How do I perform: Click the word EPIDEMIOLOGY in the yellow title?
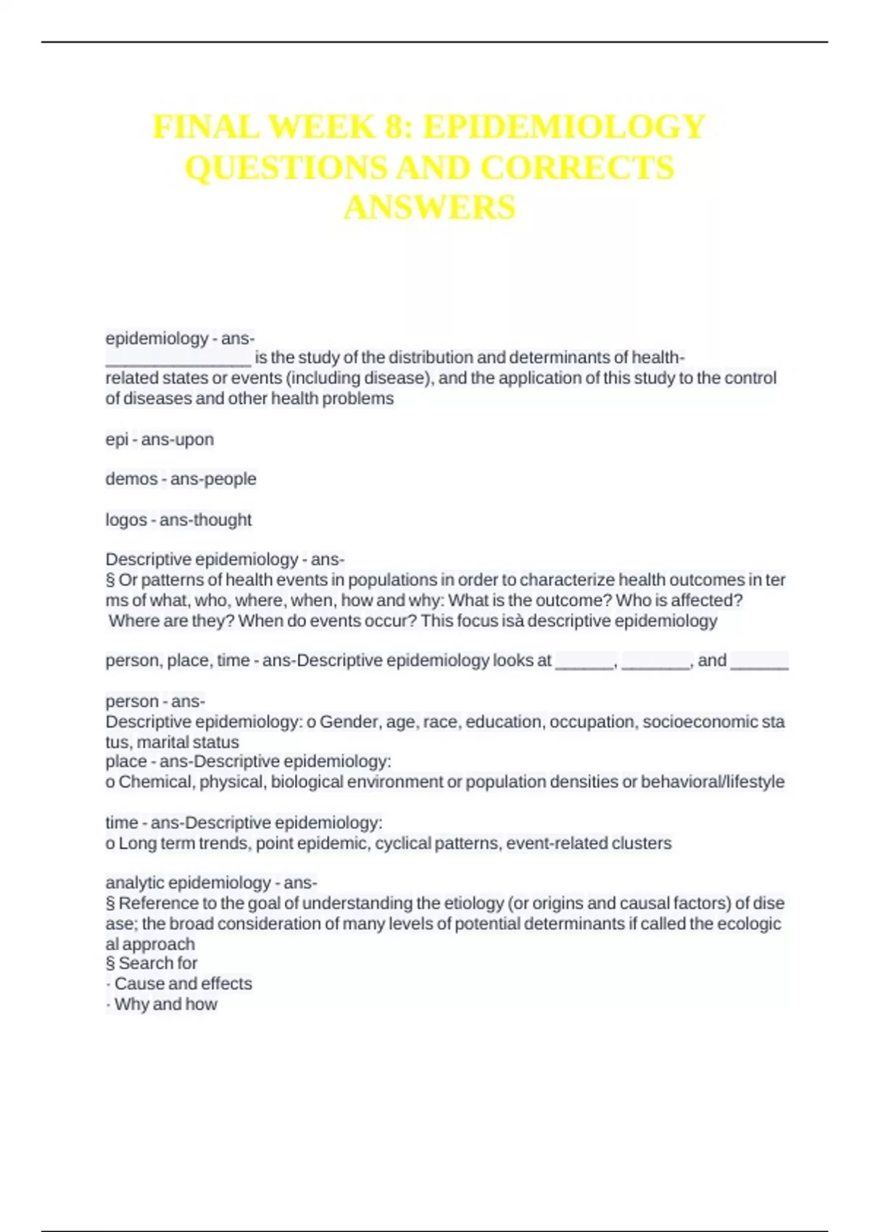point(563,128)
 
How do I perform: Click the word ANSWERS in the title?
point(430,208)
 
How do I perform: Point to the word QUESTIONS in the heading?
point(286,168)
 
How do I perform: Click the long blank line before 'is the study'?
point(178,359)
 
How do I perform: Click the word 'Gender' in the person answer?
point(350,722)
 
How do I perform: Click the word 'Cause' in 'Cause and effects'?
point(136,984)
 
